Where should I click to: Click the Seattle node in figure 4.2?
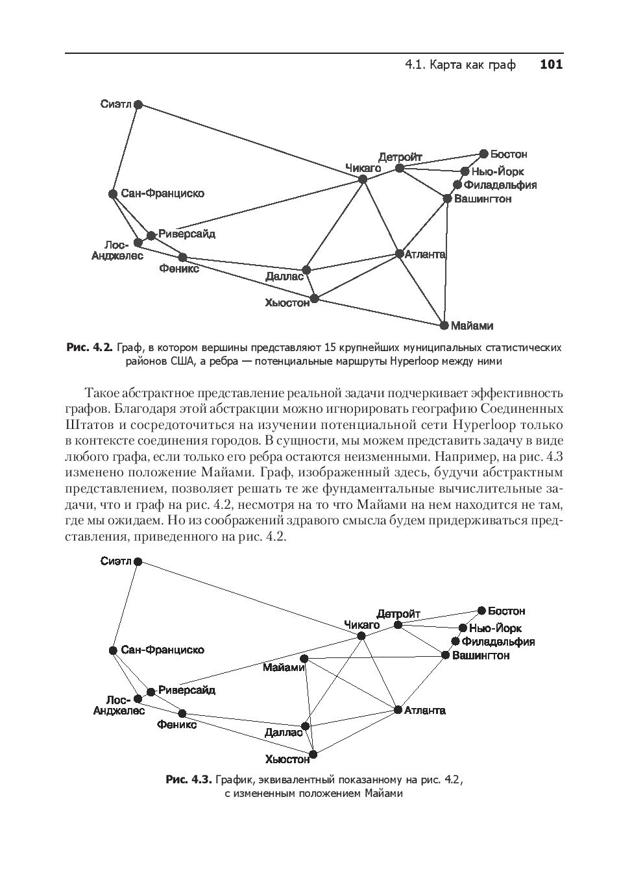pyautogui.click(x=138, y=104)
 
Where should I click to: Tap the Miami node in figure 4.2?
pyautogui.click(x=444, y=325)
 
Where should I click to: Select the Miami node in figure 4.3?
pyautogui.click(x=304, y=659)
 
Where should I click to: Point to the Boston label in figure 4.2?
pyautogui.click(x=508, y=154)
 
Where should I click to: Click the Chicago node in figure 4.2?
pyautogui.click(x=363, y=179)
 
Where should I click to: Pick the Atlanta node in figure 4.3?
pyautogui.click(x=398, y=710)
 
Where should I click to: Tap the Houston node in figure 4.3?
pyautogui.click(x=313, y=755)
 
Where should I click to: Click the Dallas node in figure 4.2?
pyautogui.click(x=306, y=270)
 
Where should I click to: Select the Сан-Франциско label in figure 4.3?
pyautogui.click(x=162, y=650)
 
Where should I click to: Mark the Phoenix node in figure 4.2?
pyautogui.click(x=182, y=258)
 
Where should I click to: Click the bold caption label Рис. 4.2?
pyautogui.click(x=90, y=348)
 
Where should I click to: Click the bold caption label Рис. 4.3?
pyautogui.click(x=189, y=779)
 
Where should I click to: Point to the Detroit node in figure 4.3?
pyautogui.click(x=398, y=625)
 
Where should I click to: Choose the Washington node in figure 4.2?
pyautogui.click(x=447, y=199)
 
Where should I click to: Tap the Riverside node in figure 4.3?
pyautogui.click(x=151, y=692)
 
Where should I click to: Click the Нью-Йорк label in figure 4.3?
pyautogui.click(x=495, y=628)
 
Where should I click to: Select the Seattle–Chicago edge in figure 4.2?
pyautogui.click(x=250, y=141)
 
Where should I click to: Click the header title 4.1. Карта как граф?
pyautogui.click(x=460, y=64)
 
